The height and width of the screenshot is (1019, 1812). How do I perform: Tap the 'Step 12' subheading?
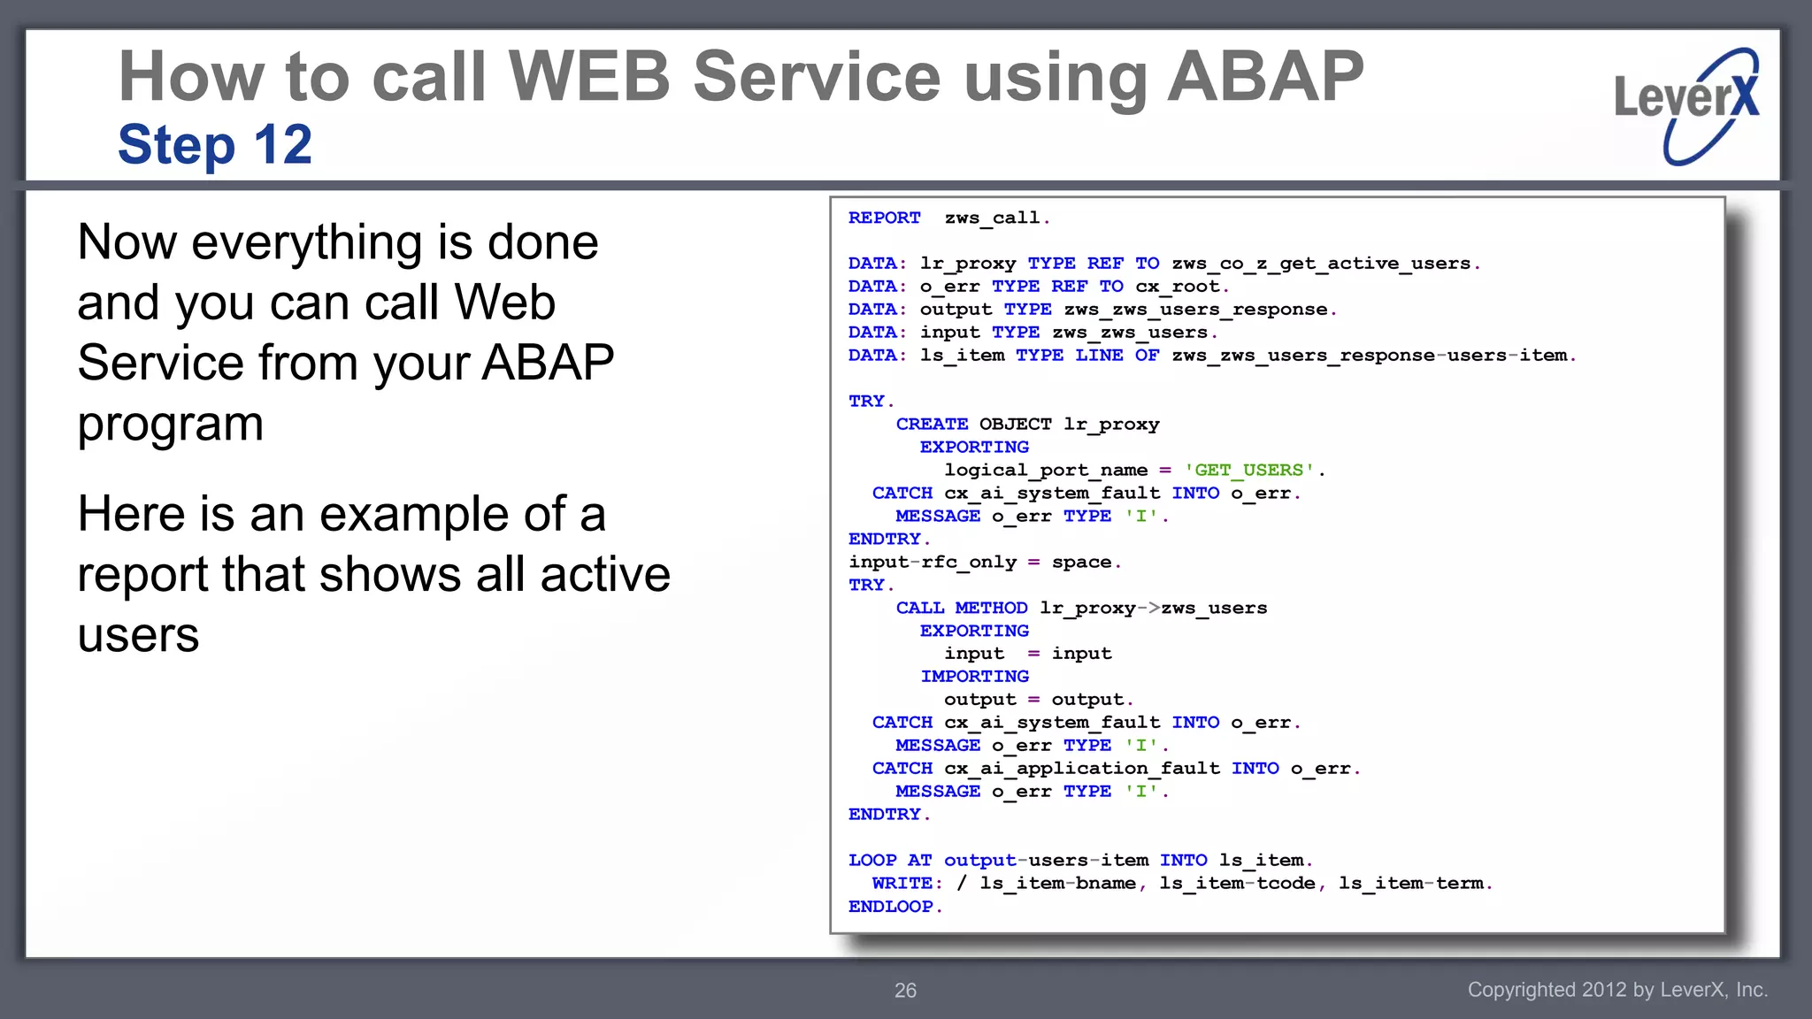215,144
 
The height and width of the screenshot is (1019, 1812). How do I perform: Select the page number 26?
905,991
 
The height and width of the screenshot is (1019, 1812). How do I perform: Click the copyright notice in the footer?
1616,990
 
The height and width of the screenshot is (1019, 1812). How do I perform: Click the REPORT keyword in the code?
884,218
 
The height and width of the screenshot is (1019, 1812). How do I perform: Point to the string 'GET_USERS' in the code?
1249,470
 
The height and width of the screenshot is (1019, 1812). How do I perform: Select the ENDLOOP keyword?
890,906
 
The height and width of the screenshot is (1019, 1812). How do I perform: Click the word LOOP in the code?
872,860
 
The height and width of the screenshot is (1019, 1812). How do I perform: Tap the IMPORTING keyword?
974,676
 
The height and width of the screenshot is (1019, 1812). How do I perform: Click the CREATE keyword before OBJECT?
932,424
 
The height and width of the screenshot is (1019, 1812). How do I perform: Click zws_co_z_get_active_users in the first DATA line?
1321,263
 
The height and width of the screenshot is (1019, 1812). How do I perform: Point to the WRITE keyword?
902,883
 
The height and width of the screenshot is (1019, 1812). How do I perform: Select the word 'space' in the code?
1081,562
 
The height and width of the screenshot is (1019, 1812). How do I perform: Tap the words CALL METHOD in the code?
962,608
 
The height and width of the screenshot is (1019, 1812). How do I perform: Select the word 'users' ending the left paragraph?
138,635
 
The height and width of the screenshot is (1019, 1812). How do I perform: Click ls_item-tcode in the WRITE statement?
1237,883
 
